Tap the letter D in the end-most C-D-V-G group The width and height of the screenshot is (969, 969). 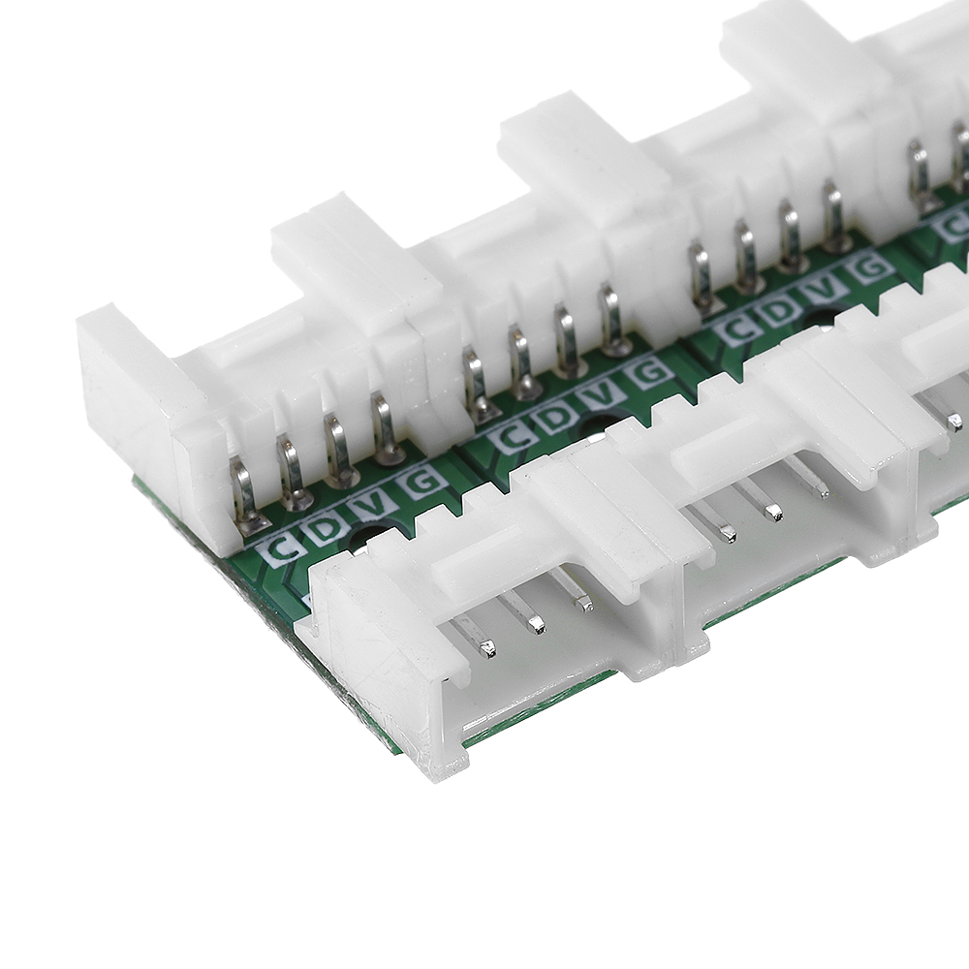328,526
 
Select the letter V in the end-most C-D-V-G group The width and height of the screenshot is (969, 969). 375,504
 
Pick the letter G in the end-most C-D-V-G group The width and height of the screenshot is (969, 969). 423,482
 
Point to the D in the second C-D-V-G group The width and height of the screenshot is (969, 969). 557,417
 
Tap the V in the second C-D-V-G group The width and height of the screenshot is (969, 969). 604,393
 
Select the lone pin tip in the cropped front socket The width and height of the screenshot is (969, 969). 953,422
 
